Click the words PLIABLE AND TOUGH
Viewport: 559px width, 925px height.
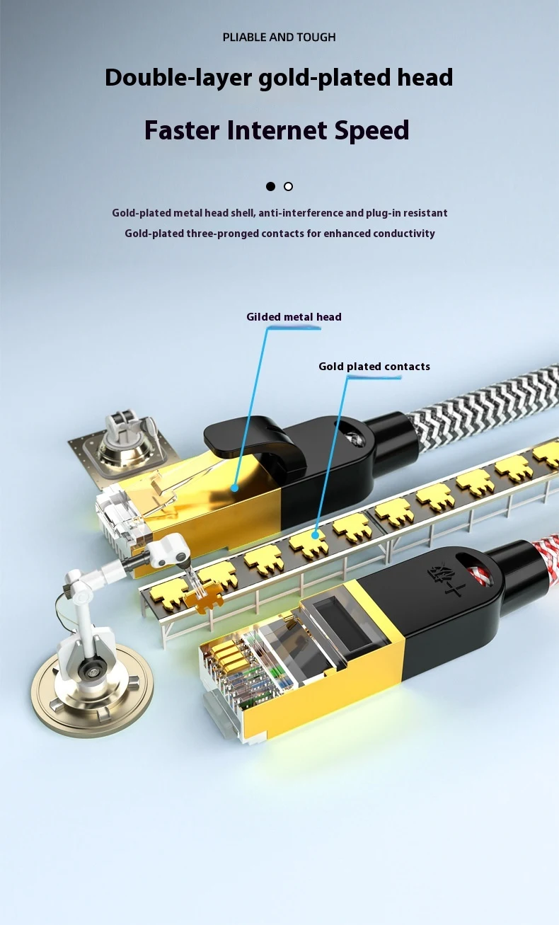pyautogui.click(x=279, y=38)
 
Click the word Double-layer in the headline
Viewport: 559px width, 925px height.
pyautogui.click(x=178, y=77)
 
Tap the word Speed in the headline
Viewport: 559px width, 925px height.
pyautogui.click(x=371, y=130)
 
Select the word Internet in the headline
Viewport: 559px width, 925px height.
pyautogui.click(x=277, y=130)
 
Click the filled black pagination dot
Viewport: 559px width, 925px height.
pyautogui.click(x=270, y=187)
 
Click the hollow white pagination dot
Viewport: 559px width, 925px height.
pyautogui.click(x=288, y=187)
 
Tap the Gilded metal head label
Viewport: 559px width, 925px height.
pyautogui.click(x=294, y=317)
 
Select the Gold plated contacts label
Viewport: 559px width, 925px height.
pyautogui.click(x=374, y=367)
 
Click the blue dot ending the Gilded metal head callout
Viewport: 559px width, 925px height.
pyautogui.click(x=234, y=488)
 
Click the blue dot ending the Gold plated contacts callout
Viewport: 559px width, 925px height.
pyautogui.click(x=315, y=535)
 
